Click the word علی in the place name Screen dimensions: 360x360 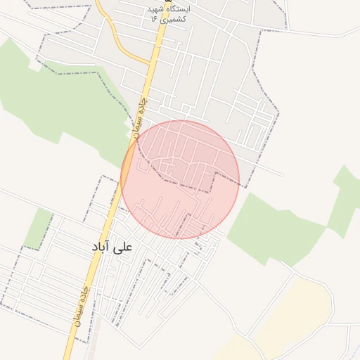pyautogui.click(x=125, y=247)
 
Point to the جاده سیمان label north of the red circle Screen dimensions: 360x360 pyautogui.click(x=141, y=114)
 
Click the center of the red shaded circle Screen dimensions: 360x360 pyautogui.click(x=180, y=179)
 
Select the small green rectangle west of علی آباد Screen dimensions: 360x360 pyautogui.click(x=39, y=229)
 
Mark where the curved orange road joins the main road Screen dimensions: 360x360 pyautogui.click(x=150, y=65)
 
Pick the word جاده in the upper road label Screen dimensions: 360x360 pyautogui.click(x=144, y=104)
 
